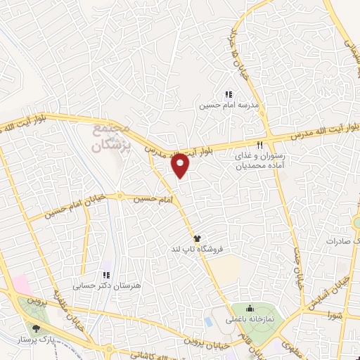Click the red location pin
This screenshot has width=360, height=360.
(181, 164)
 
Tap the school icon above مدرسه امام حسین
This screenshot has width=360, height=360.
(228, 94)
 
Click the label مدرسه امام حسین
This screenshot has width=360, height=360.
(228, 105)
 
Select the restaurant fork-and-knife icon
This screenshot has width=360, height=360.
(260, 145)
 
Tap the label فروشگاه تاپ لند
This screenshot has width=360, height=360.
(198, 250)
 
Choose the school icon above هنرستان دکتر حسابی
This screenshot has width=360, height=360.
(106, 275)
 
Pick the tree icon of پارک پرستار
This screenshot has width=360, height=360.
(36, 327)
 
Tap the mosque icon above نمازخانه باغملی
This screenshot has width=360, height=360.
(249, 307)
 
